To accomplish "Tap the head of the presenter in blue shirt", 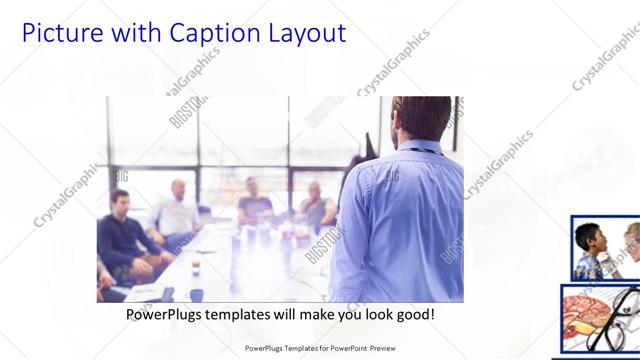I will tap(421, 117).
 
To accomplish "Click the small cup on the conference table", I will tap(195, 267).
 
